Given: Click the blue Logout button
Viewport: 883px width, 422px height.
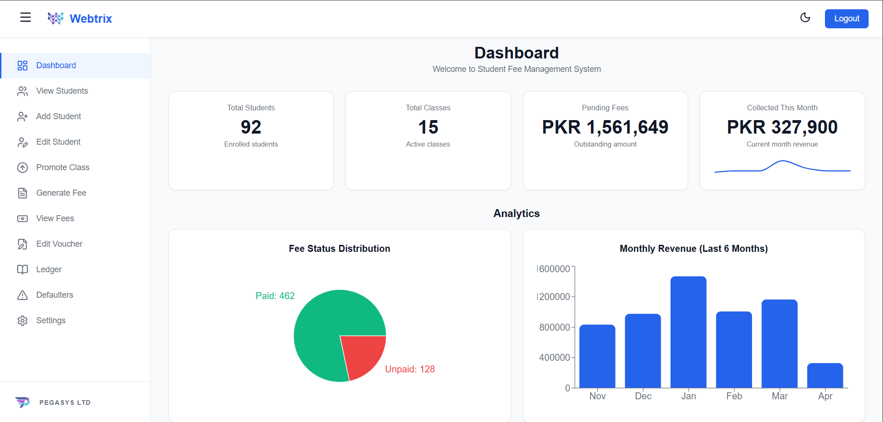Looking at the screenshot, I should pos(846,19).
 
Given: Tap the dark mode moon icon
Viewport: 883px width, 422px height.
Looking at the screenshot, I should pos(805,18).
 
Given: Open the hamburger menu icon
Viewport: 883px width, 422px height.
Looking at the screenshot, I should pos(26,18).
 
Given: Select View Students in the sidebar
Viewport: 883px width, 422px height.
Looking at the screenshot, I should pos(62,91).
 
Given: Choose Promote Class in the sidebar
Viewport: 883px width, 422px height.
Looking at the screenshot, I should pos(63,167).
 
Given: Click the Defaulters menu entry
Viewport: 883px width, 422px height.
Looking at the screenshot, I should pos(54,295).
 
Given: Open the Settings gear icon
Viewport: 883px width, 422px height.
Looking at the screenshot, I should pos(22,320).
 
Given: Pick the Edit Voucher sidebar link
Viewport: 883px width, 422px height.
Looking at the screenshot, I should pos(59,244).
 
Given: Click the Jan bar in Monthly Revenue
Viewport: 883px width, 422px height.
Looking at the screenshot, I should pos(688,332).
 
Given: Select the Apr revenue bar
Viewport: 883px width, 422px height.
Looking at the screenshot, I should pos(825,375).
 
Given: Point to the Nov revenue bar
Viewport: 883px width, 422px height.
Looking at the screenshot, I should pos(597,356).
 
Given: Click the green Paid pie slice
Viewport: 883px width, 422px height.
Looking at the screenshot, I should pos(325,325).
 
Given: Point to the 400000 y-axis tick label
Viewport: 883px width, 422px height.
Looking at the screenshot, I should pos(554,358).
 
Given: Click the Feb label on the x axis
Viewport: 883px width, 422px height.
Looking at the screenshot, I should pos(734,396).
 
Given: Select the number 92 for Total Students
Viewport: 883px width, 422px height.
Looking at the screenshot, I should pos(251,127).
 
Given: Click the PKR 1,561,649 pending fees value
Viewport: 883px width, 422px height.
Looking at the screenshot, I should pos(605,127).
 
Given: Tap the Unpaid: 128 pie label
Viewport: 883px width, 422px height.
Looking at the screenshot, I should pos(410,369).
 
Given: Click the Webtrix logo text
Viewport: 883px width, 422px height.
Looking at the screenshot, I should pos(91,19).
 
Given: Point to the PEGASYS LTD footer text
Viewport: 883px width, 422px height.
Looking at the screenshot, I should pos(65,403).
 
